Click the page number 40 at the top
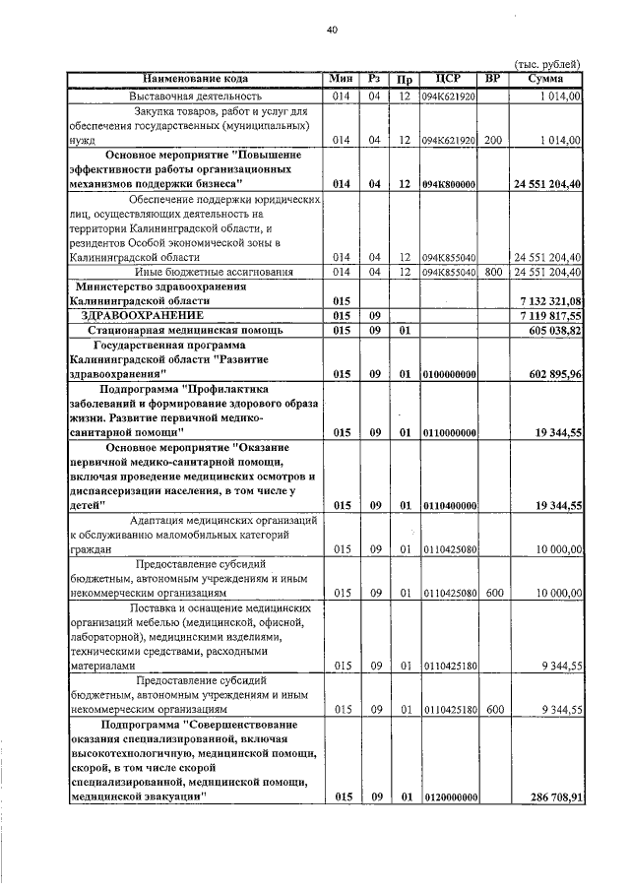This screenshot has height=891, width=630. pos(332,31)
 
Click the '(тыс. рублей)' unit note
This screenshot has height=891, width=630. pos(548,64)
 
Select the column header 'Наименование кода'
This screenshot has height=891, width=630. pos(195,79)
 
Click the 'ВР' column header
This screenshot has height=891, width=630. pos(493,79)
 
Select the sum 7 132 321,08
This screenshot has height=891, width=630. pos(547,299)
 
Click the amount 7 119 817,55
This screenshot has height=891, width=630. pos(547,315)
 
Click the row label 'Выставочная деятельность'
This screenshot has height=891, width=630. pos(195,95)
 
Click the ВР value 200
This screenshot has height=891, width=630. pos(493,141)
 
